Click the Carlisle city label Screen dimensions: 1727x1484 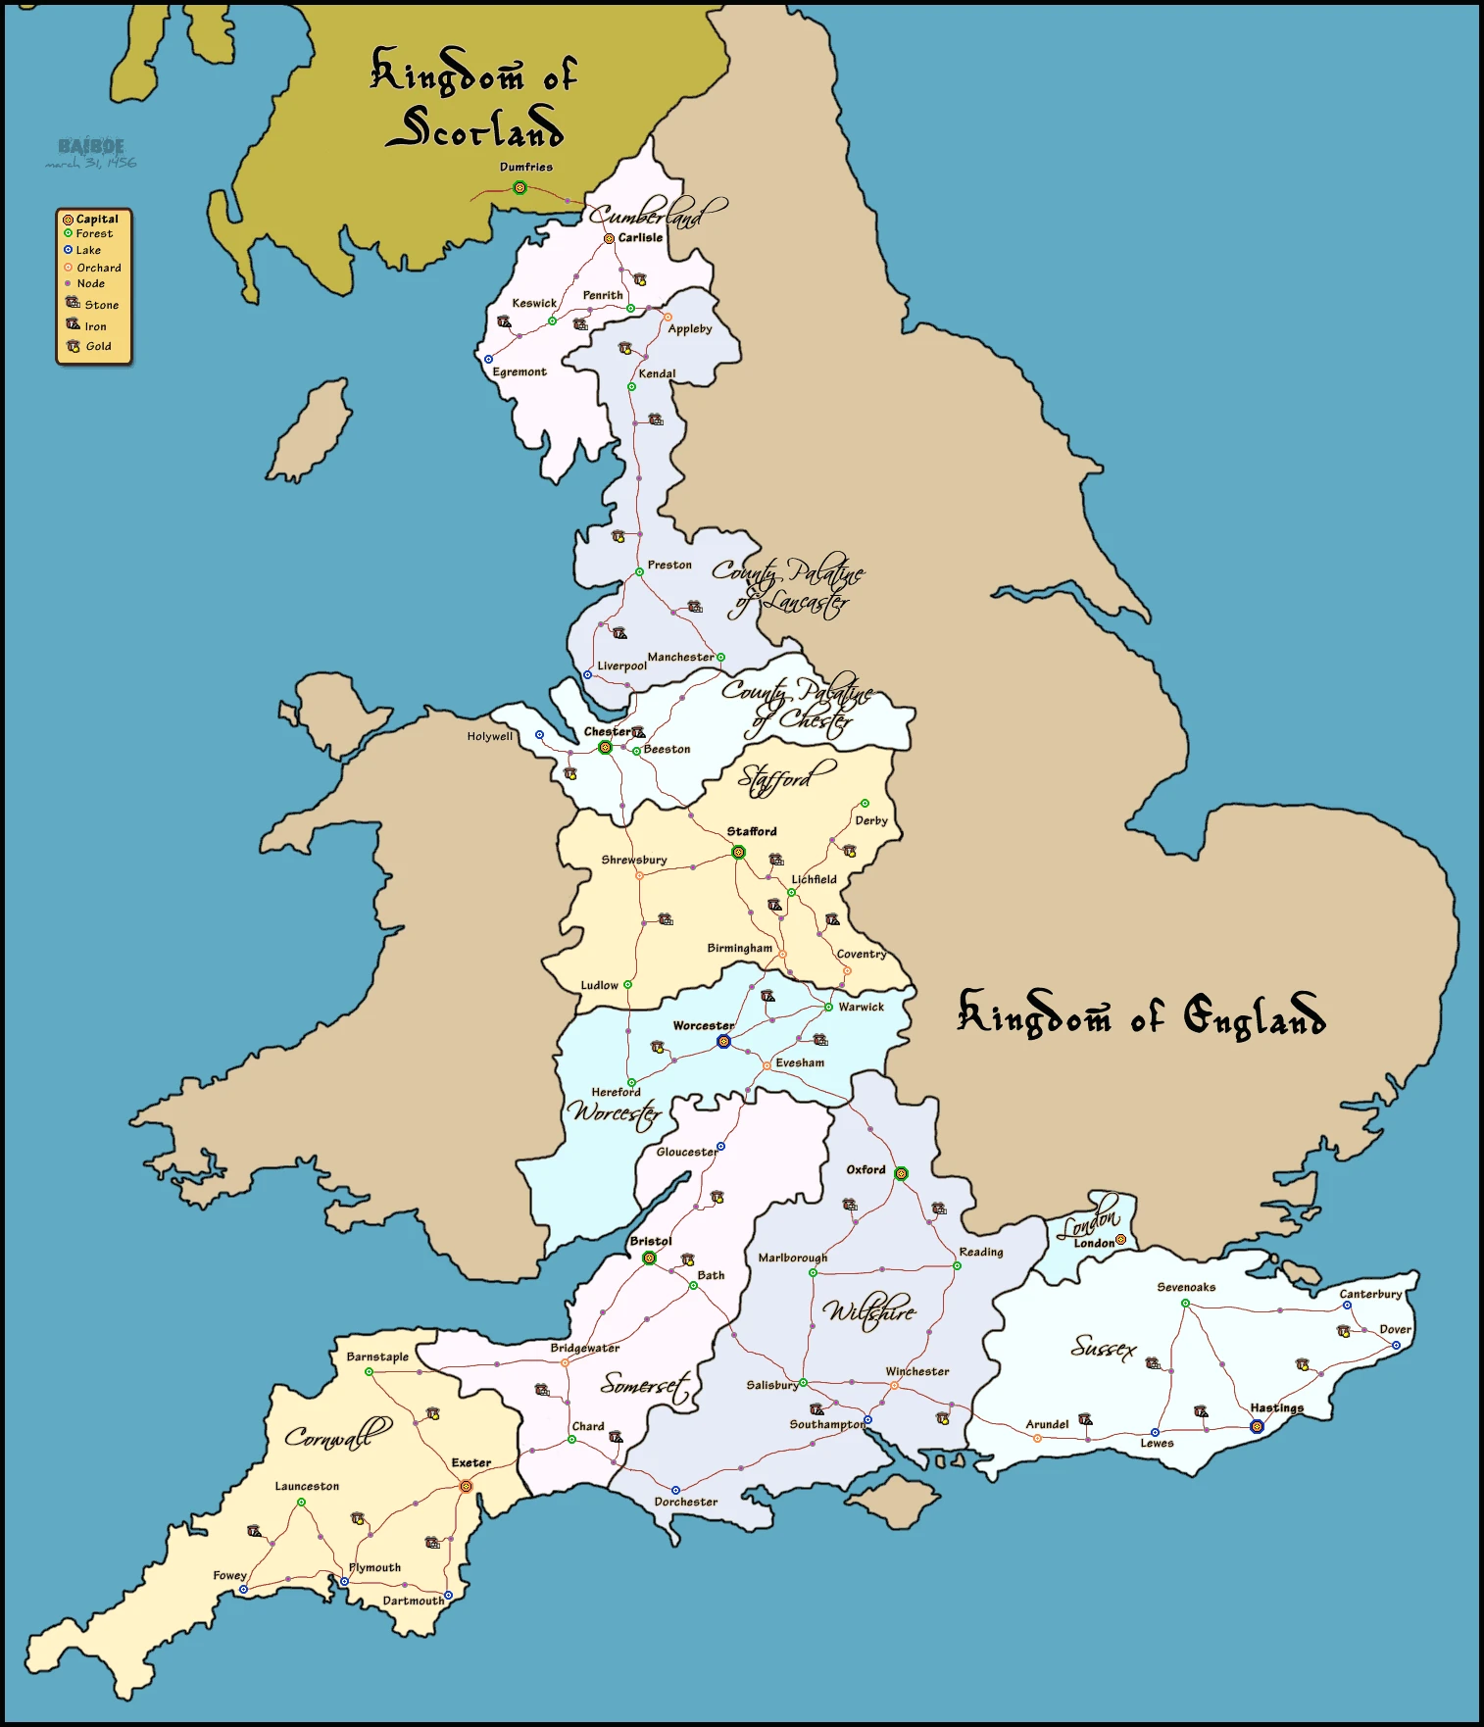tap(640, 238)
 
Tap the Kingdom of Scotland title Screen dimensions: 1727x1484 tap(474, 99)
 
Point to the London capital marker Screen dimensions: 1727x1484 tap(1120, 1239)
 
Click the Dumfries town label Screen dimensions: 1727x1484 tap(526, 168)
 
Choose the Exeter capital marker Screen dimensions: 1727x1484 tap(466, 1487)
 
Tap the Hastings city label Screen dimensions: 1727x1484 tap(1276, 1408)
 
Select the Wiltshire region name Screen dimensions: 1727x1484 tap(869, 1310)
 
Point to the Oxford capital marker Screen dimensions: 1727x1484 tap(901, 1173)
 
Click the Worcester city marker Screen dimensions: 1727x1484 tap(723, 1041)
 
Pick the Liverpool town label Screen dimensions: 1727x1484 tap(622, 666)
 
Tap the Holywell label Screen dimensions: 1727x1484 tap(489, 737)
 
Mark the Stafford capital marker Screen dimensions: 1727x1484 tap(738, 853)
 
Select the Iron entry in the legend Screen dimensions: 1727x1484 tap(95, 326)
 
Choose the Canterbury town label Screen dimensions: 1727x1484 tap(1370, 1295)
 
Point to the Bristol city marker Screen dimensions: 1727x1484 tap(649, 1258)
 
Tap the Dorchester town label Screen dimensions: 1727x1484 tap(686, 1502)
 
